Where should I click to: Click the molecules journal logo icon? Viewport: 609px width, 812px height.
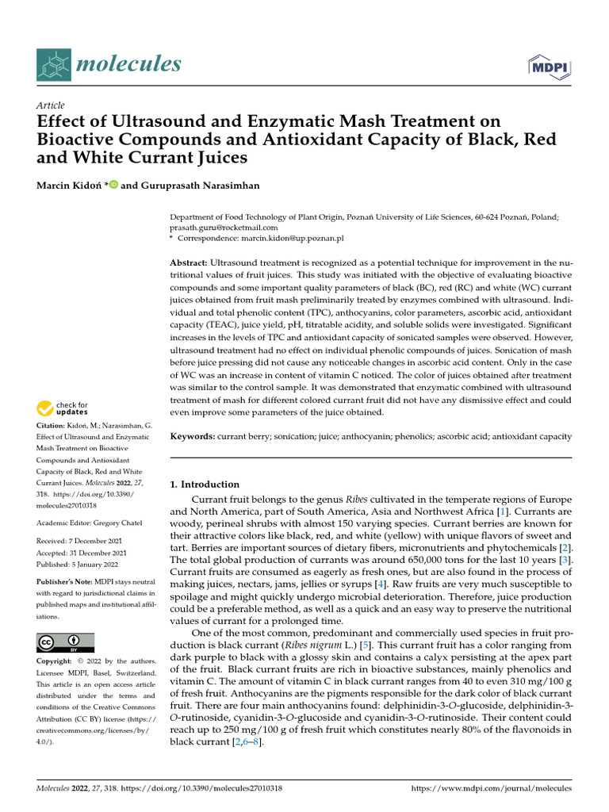point(54,63)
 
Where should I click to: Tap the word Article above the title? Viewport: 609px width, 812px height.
point(51,105)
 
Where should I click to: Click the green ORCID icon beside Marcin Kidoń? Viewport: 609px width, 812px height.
point(113,185)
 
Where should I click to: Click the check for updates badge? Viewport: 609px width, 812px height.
point(63,409)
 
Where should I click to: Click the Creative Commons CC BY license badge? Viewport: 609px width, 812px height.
point(65,642)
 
